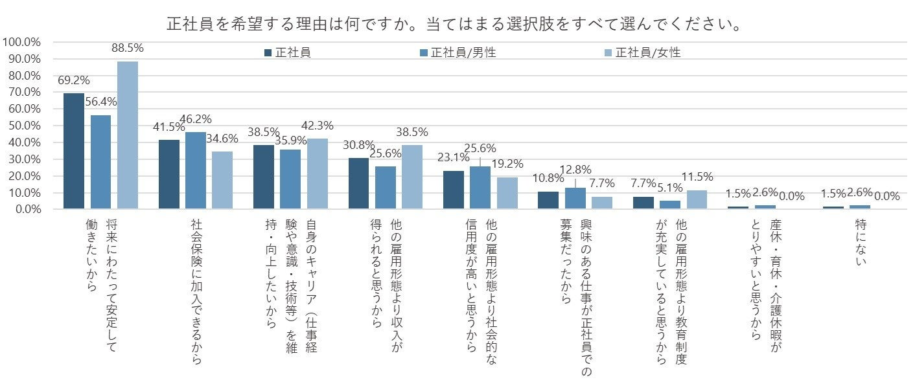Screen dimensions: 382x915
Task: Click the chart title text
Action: click(454, 24)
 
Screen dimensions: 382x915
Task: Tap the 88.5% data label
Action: click(128, 48)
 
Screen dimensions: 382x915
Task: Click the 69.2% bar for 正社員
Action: click(74, 151)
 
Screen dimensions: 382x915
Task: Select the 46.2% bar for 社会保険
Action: click(196, 170)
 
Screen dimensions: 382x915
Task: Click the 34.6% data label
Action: click(222, 138)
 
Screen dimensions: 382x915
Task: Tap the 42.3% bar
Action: click(317, 174)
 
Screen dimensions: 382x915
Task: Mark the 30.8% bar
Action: click(358, 183)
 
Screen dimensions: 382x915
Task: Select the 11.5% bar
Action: click(697, 199)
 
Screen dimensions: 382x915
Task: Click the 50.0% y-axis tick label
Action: click(23, 126)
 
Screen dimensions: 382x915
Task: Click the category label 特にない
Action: click(861, 243)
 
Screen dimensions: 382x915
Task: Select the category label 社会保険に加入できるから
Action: click(196, 291)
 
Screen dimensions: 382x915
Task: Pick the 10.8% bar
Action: click(548, 200)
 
